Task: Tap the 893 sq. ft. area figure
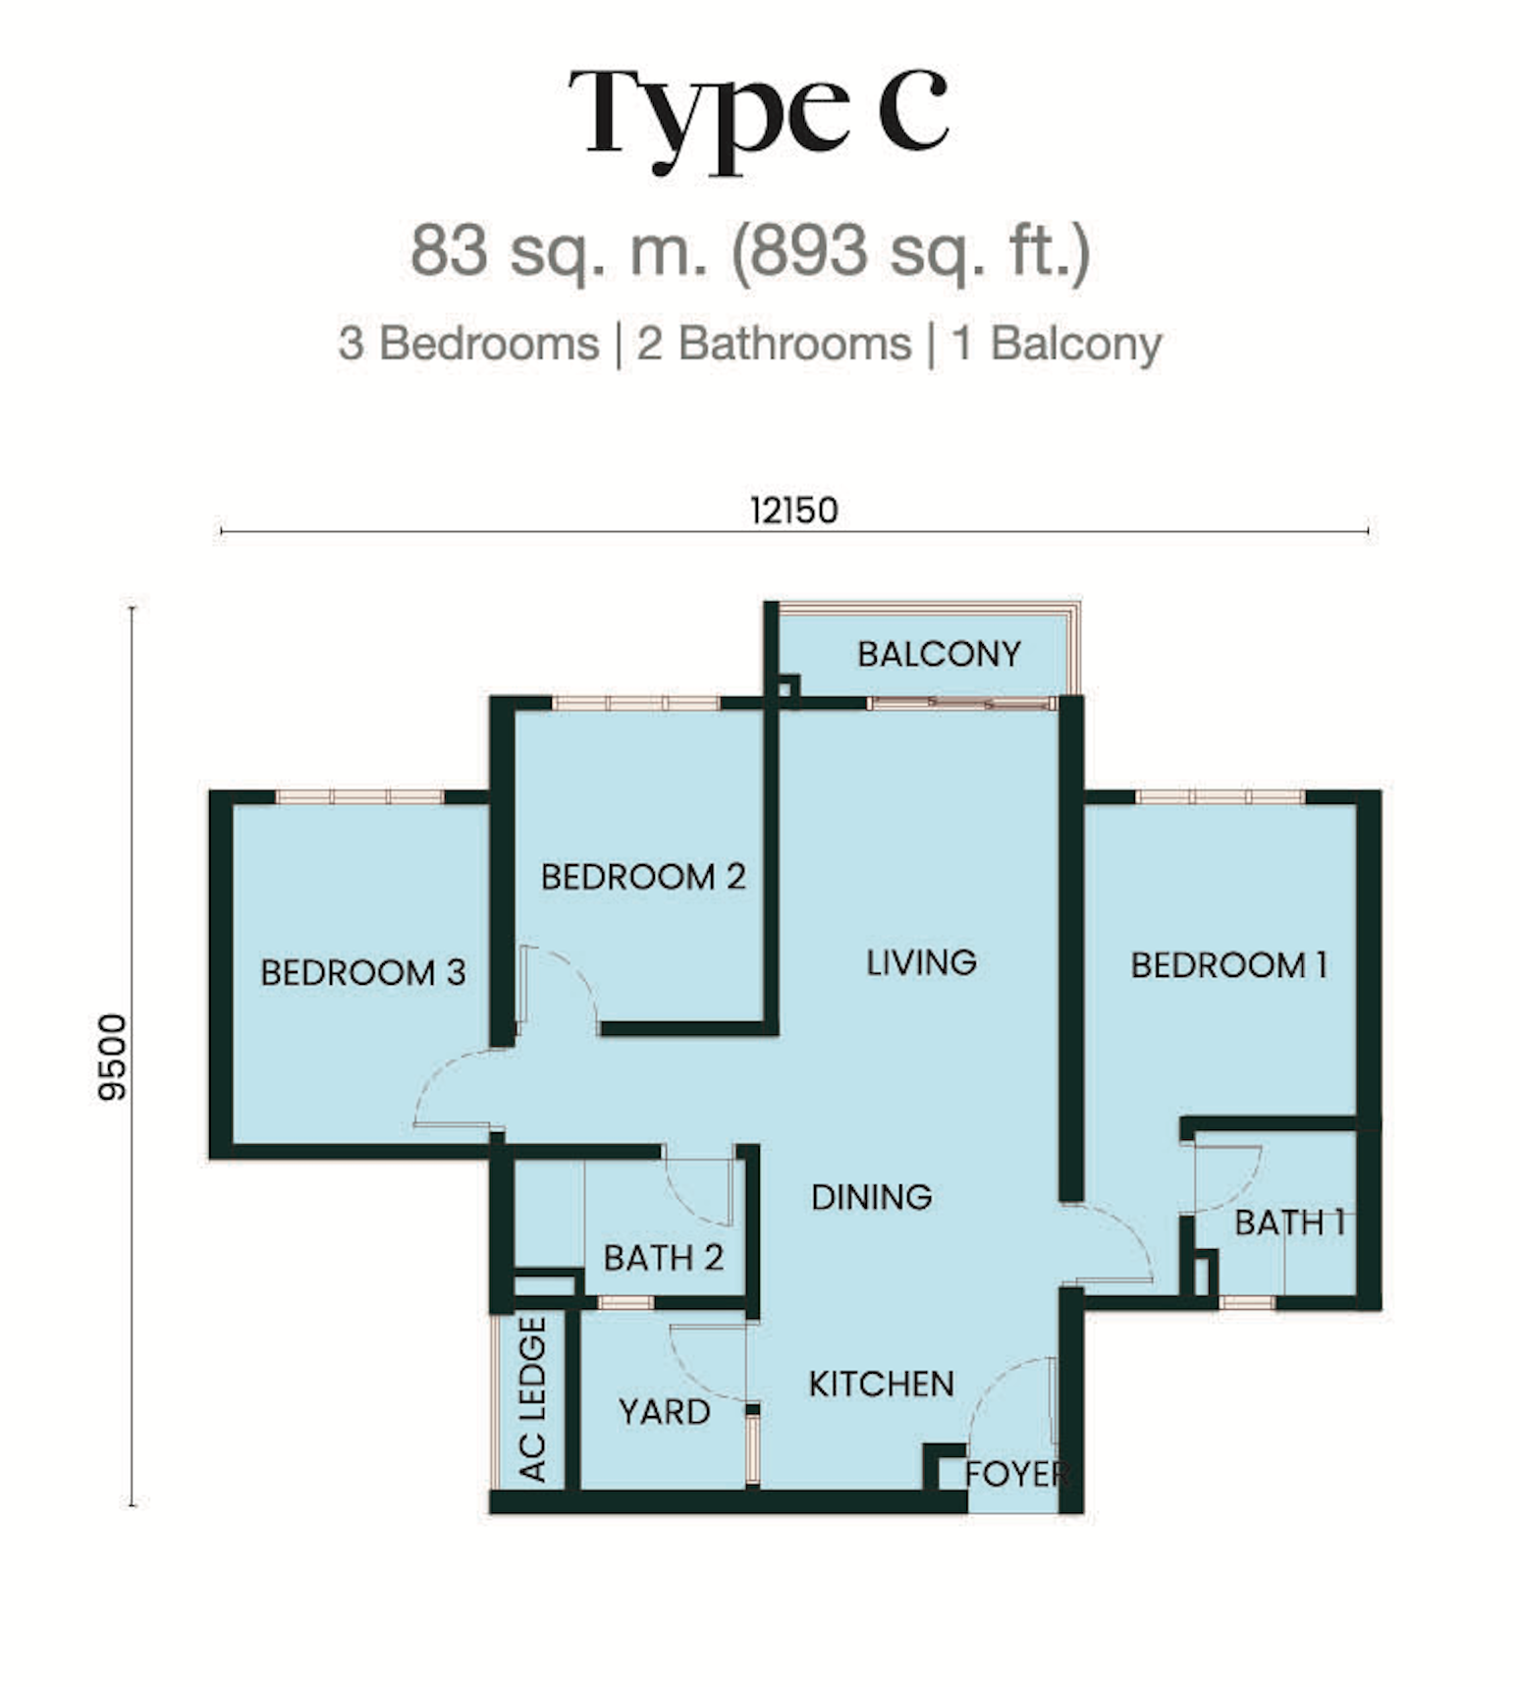910,250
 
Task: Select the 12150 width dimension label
793,511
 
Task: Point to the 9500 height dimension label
113,1057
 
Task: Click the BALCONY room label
939,654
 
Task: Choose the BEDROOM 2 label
643,877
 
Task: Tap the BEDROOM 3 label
362,972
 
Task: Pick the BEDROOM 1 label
1229,965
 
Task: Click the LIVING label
921,962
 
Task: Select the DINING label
872,1197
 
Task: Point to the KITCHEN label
881,1385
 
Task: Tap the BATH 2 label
663,1258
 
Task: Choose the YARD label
664,1412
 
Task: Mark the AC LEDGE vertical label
532,1399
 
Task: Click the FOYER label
1016,1474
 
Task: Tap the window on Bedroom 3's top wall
359,796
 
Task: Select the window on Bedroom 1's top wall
1220,796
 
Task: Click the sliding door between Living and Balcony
961,703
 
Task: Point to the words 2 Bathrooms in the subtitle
774,344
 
